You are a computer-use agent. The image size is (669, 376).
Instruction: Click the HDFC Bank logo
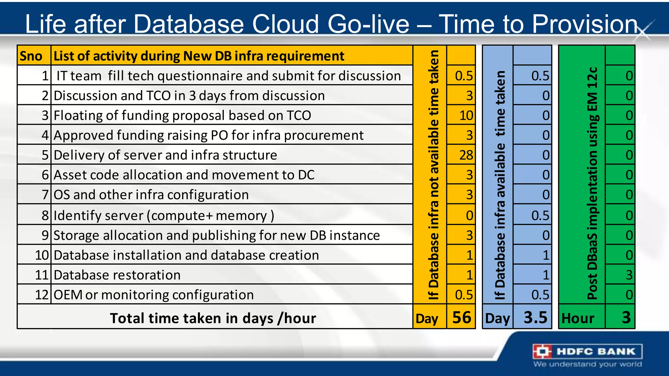click(x=587, y=352)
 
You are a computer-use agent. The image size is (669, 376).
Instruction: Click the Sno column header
click(x=31, y=56)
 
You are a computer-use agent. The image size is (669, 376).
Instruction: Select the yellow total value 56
click(x=462, y=318)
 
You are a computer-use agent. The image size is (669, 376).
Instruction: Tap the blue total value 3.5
click(x=535, y=318)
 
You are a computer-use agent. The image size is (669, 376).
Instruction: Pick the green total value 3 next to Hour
click(x=626, y=318)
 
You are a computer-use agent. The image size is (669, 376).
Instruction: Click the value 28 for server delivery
click(x=466, y=155)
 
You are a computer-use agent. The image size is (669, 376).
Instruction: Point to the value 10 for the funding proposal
click(x=466, y=116)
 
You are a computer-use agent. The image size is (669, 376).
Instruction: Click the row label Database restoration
click(x=117, y=275)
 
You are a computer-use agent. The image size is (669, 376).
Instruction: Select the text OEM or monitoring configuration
click(x=154, y=295)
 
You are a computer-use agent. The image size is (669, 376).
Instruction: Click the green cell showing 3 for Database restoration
click(x=629, y=275)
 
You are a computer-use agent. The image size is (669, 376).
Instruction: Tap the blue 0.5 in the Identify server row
click(x=540, y=215)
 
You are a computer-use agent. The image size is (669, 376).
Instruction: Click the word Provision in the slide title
click(x=585, y=24)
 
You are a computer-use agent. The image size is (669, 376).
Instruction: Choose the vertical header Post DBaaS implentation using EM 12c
click(x=592, y=183)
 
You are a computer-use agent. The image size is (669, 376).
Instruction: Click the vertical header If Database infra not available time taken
click(x=433, y=175)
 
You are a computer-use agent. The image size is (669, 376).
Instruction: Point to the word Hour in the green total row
click(x=578, y=318)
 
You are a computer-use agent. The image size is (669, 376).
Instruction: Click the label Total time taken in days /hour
click(x=213, y=318)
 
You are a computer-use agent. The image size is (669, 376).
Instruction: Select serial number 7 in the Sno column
click(x=45, y=195)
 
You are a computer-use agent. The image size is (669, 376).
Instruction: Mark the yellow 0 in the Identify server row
click(x=469, y=215)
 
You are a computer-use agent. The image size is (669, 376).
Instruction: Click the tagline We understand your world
click(x=587, y=364)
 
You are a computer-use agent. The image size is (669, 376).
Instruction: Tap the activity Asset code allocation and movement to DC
click(x=184, y=175)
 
